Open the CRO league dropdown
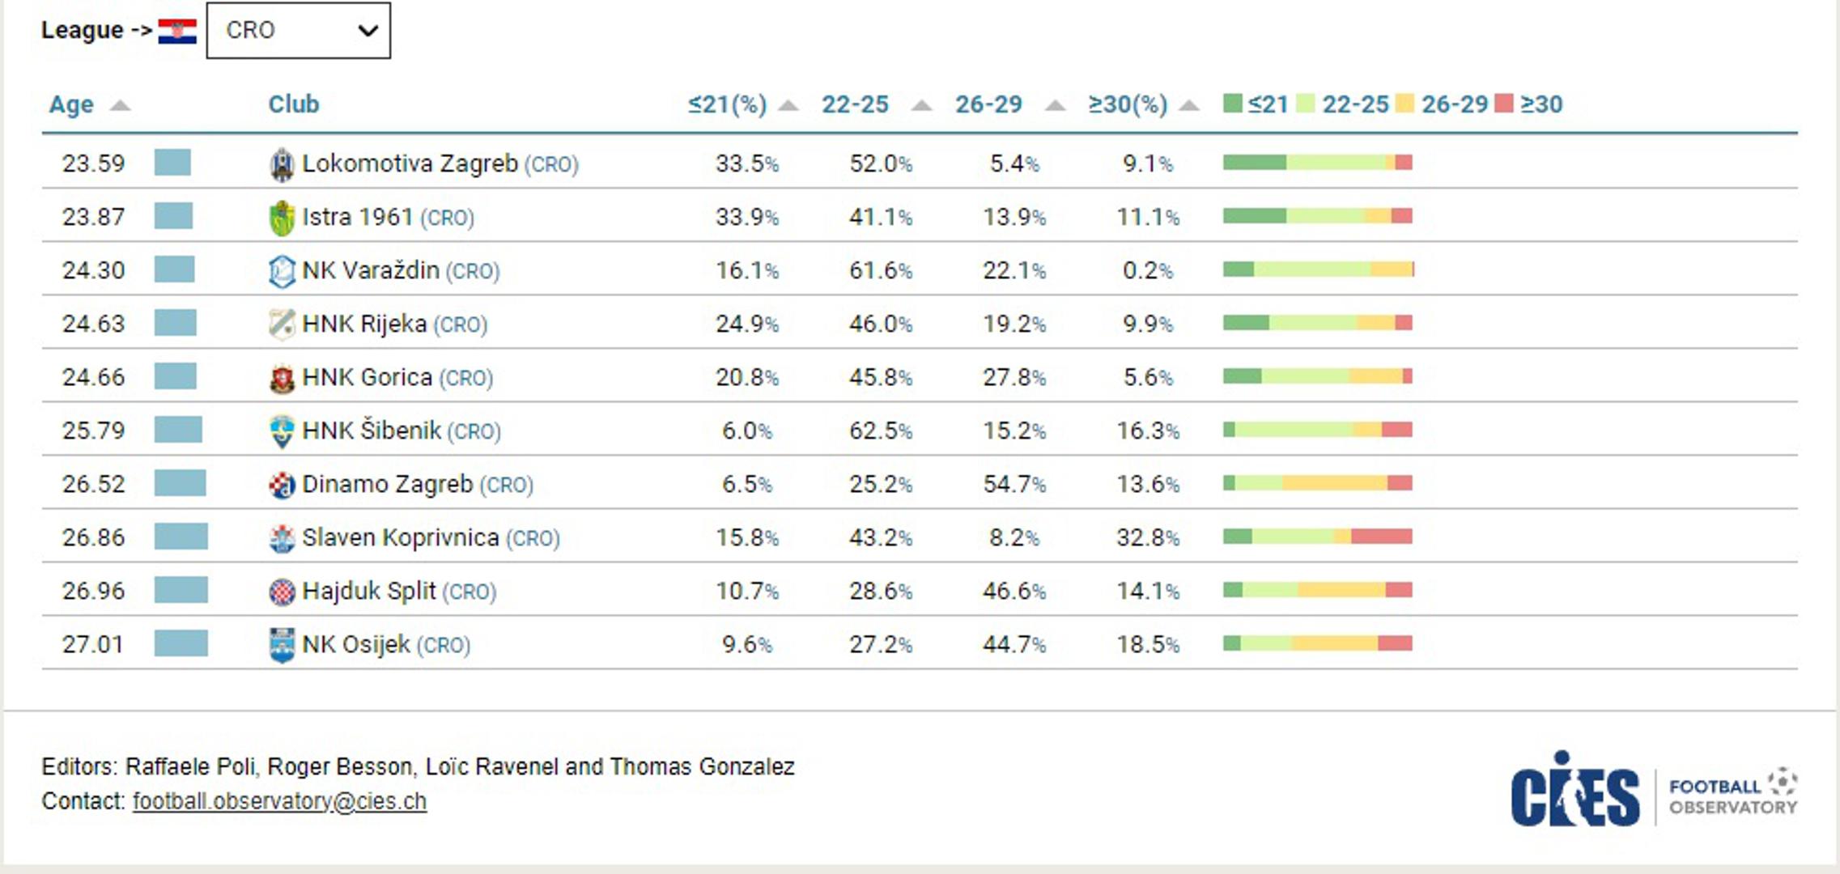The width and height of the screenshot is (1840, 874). pos(298,31)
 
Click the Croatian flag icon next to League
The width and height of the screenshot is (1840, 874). pos(177,32)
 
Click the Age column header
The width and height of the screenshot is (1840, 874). pos(71,104)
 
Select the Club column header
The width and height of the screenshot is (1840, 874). pos(294,104)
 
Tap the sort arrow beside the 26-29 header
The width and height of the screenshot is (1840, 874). pos(1054,105)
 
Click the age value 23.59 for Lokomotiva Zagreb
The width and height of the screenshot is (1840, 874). pos(94,163)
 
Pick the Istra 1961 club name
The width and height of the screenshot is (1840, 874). pos(357,217)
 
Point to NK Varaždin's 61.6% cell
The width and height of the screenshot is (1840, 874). pos(881,270)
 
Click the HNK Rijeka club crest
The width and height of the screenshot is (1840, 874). pos(282,324)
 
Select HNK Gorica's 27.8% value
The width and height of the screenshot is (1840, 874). pos(1014,377)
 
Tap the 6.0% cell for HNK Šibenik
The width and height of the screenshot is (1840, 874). pos(746,431)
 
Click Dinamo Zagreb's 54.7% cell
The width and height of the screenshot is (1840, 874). pos(1014,484)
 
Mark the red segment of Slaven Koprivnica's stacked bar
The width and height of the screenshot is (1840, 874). pos(1382,537)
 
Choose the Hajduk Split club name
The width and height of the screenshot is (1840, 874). pos(368,591)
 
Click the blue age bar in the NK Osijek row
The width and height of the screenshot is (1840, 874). pos(181,643)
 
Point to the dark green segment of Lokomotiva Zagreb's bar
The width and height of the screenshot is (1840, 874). pos(1255,163)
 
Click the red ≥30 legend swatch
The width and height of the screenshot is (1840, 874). pos(1503,104)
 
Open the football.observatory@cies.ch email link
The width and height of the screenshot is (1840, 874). pos(279,801)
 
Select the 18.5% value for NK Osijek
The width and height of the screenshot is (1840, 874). pos(1148,644)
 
